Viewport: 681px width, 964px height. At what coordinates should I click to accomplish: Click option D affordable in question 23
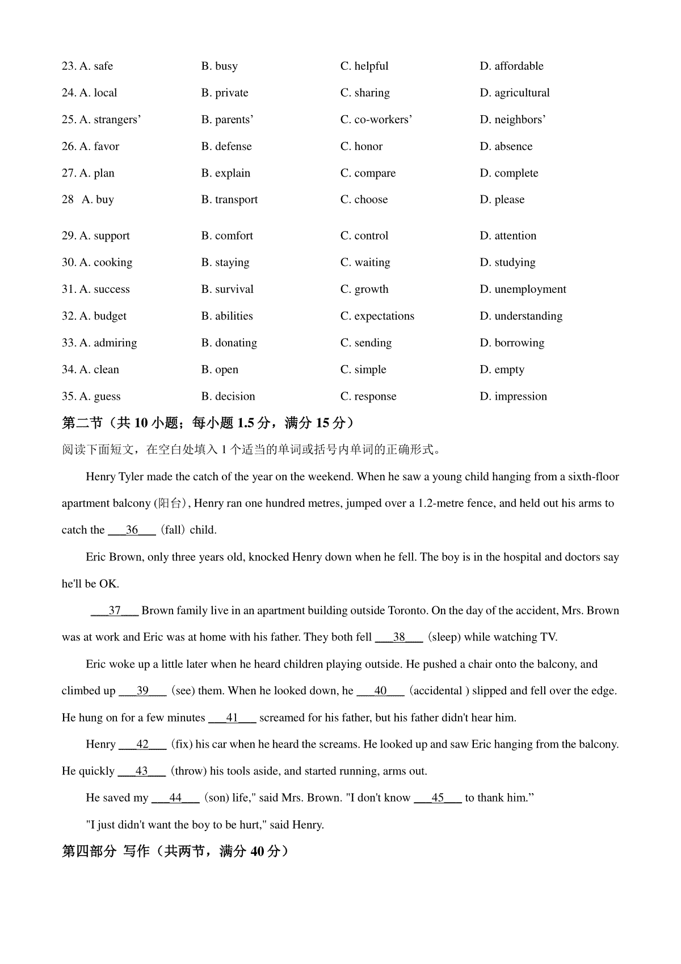pyautogui.click(x=511, y=66)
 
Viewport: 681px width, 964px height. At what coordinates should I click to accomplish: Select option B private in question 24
pyautogui.click(x=225, y=93)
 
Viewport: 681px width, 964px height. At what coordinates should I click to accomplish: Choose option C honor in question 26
pyautogui.click(x=361, y=146)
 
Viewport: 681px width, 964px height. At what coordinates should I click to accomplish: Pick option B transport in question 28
pyautogui.click(x=229, y=199)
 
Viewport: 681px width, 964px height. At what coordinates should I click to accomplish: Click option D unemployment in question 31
pyautogui.click(x=523, y=289)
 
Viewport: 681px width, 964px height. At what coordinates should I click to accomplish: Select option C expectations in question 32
pyautogui.click(x=377, y=316)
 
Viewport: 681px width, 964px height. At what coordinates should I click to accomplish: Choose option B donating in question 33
pyautogui.click(x=229, y=342)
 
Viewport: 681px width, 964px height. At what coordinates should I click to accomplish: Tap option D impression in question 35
pyautogui.click(x=513, y=396)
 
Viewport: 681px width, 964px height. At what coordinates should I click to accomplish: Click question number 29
pyautogui.click(x=69, y=236)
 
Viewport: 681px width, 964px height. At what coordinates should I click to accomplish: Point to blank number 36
pyautogui.click(x=132, y=530)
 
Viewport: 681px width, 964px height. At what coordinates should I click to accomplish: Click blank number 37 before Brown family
pyautogui.click(x=115, y=610)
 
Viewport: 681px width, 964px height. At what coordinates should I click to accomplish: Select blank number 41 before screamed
pyautogui.click(x=232, y=718)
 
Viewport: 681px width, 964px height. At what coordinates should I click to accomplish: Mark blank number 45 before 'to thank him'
pyautogui.click(x=438, y=798)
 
